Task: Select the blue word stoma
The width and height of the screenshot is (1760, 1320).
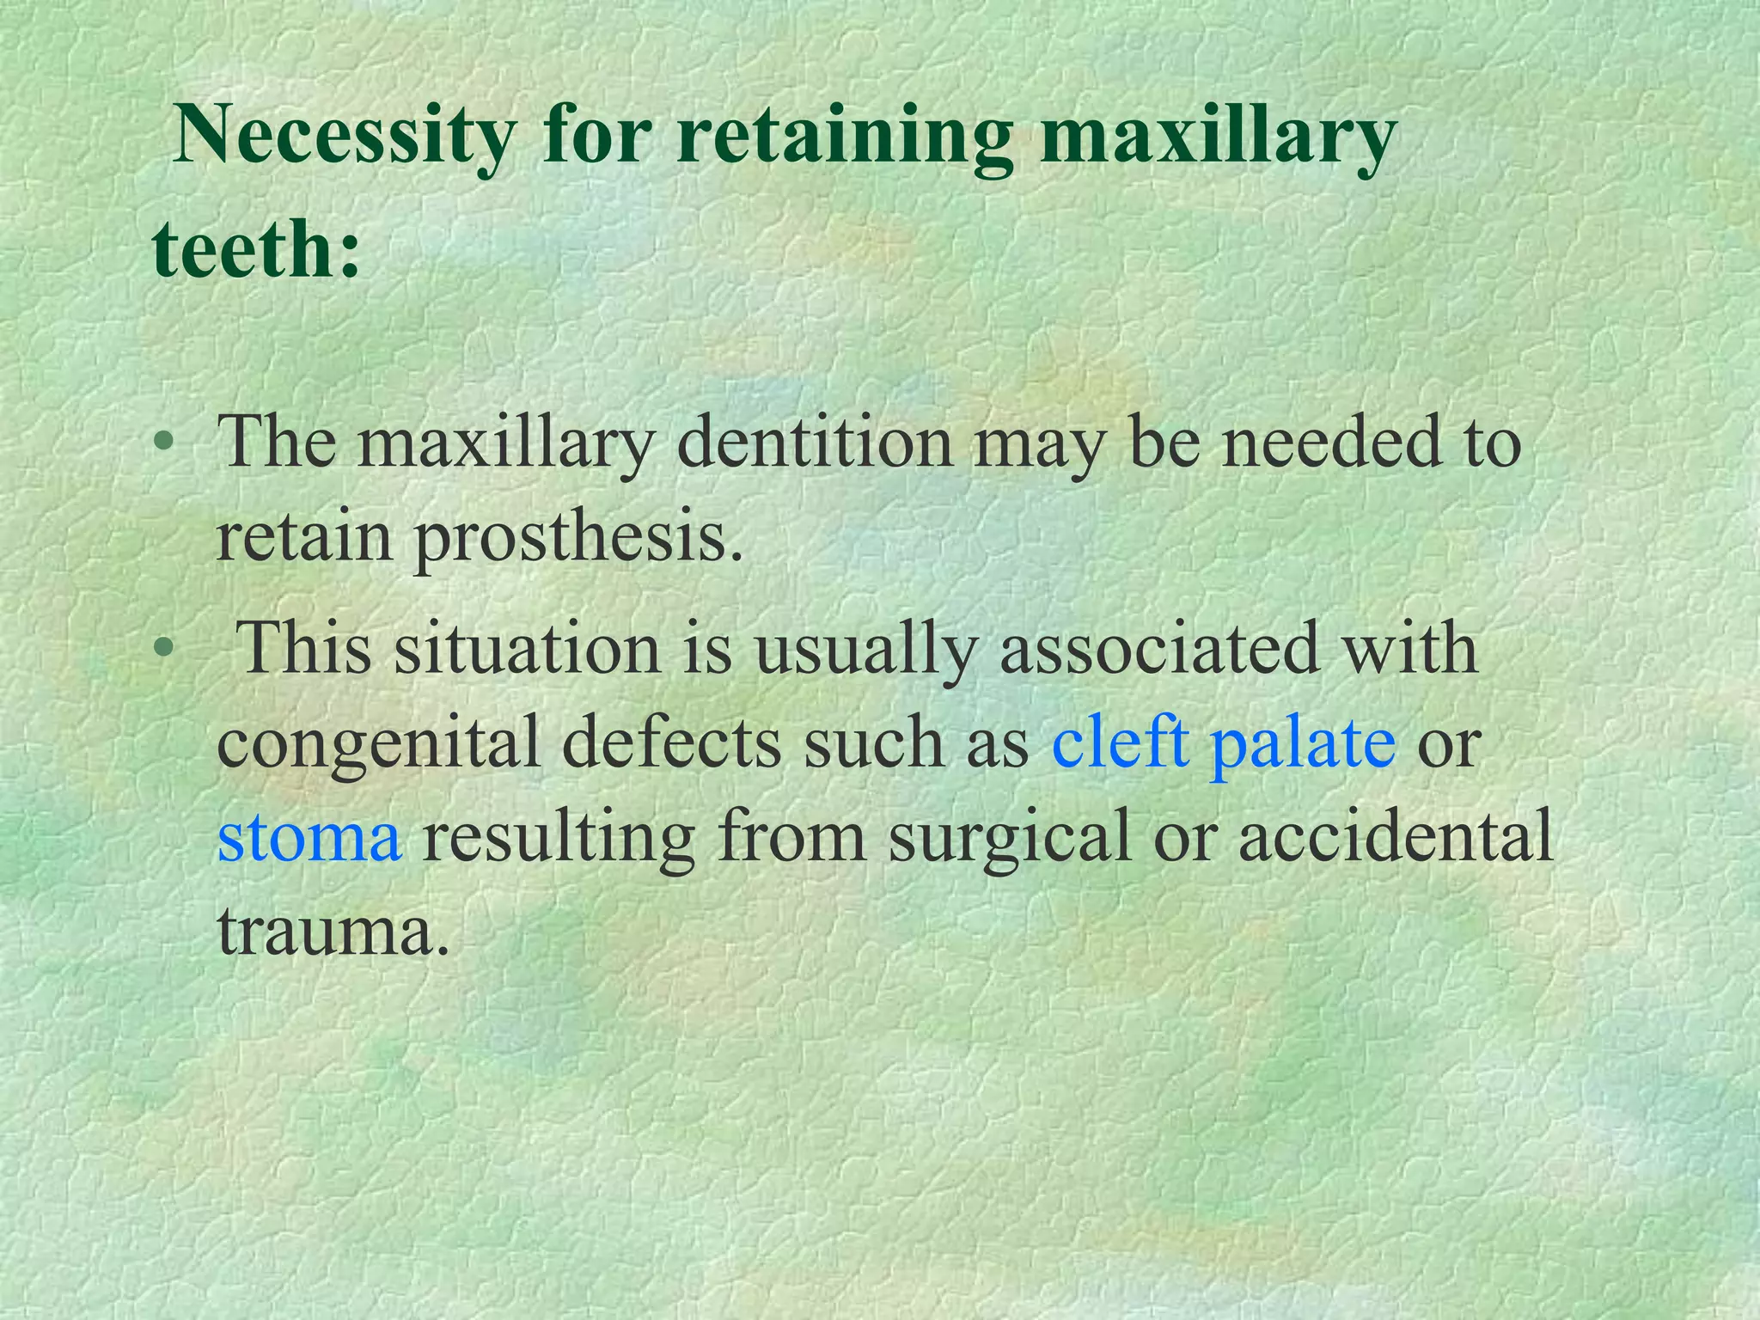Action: point(309,837)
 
